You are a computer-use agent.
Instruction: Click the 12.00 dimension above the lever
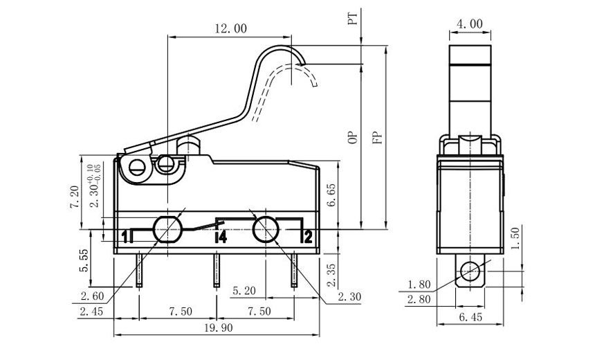coord(231,28)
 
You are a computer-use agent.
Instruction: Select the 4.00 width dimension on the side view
coord(469,24)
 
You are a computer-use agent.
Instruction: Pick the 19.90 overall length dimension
coord(217,328)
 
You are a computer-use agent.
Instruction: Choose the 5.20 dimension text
coord(246,290)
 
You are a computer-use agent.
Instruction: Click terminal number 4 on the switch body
coord(221,237)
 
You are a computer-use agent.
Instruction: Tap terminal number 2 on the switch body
coord(308,237)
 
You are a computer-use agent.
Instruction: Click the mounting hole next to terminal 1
coord(167,229)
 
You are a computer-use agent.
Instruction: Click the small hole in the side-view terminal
coord(470,269)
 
